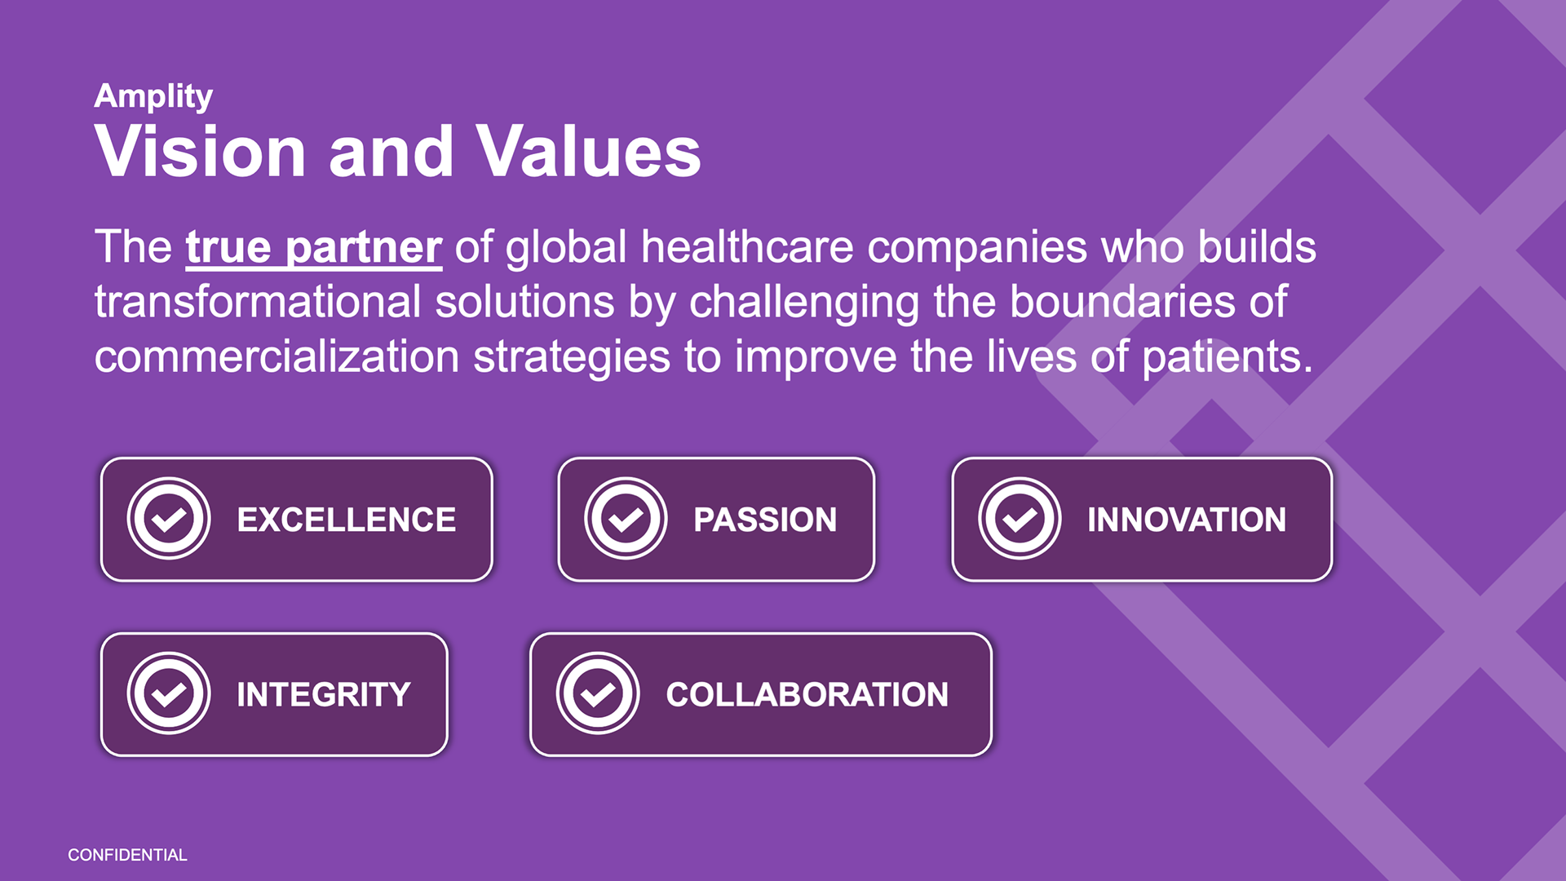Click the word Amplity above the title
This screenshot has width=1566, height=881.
153,97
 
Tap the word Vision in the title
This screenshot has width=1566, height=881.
201,152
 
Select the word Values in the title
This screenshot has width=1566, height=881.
588,152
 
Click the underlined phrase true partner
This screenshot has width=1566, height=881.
314,247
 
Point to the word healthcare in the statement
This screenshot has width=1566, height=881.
747,247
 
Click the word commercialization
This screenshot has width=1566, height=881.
277,357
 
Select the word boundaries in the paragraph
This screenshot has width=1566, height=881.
1123,302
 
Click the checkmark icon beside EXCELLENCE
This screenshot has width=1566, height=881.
169,519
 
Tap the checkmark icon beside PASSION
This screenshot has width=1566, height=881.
626,519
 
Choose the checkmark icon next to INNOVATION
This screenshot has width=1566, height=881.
1020,519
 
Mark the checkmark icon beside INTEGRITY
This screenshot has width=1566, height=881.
169,693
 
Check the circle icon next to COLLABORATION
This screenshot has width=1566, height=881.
598,693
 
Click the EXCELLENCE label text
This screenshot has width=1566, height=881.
347,520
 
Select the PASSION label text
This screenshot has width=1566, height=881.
765,520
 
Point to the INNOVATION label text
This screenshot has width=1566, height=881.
1187,520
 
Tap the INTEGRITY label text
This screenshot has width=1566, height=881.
324,695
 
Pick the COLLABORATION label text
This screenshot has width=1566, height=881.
807,695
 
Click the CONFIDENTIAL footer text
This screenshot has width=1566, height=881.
127,855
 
